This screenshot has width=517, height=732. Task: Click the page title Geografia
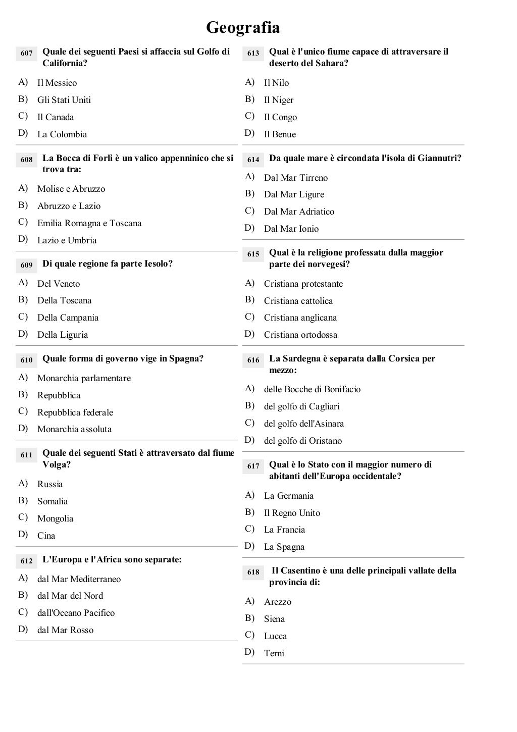click(243, 27)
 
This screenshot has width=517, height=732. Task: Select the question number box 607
click(26, 53)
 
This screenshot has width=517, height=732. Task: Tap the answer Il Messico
click(57, 83)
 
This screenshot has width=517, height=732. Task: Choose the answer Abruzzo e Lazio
click(69, 206)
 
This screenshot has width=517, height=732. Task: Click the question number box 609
click(26, 265)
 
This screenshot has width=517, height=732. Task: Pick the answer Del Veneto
click(59, 284)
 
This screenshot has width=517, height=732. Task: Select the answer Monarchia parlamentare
click(84, 378)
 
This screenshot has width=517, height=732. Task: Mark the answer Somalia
click(53, 501)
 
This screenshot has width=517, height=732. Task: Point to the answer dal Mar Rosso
click(65, 630)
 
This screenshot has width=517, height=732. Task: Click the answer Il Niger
click(279, 100)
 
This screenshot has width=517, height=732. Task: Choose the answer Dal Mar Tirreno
click(296, 178)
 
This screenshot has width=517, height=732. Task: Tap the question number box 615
click(253, 254)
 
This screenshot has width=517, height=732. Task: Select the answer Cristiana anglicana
click(300, 318)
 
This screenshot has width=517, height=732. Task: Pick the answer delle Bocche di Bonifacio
click(312, 389)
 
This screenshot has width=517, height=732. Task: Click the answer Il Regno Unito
click(292, 513)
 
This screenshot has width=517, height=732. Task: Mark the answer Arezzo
click(278, 602)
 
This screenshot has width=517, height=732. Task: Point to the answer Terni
click(274, 653)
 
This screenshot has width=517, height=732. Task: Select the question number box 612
click(26, 561)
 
